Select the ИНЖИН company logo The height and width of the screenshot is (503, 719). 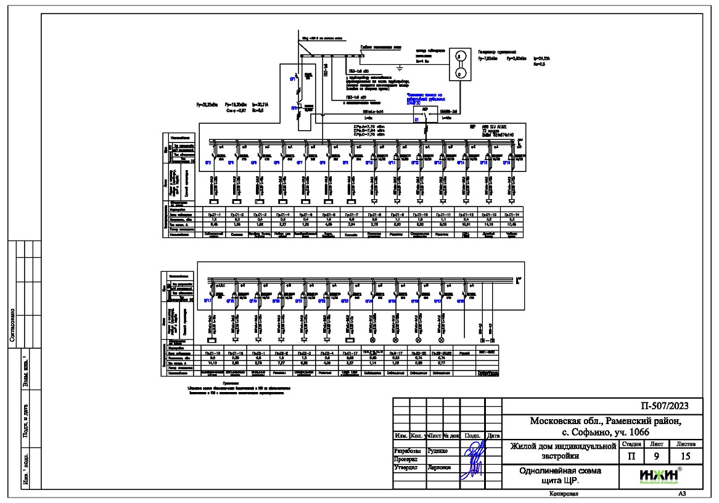point(659,476)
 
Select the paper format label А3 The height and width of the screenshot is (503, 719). point(681,494)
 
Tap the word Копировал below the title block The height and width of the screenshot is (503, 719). point(561,494)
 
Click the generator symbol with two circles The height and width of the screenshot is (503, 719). point(458,65)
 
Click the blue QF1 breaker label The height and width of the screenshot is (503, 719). point(294,80)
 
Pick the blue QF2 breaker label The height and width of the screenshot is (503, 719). point(294,107)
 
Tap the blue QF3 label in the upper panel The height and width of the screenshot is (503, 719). point(208,162)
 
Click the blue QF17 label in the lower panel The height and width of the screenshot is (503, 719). point(208,300)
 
